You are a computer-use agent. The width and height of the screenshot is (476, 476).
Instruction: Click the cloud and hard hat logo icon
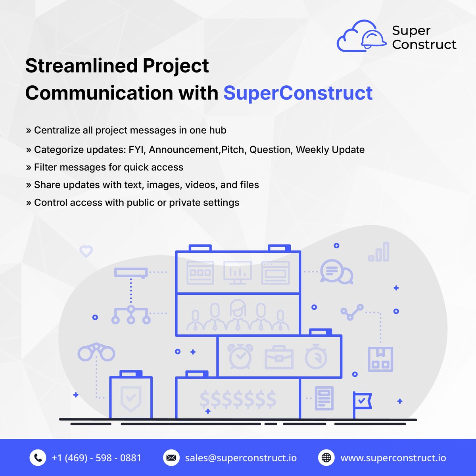361,36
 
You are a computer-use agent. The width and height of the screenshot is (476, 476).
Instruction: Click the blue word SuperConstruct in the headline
298,93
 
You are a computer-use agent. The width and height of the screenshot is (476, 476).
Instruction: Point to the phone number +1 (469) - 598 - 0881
96,458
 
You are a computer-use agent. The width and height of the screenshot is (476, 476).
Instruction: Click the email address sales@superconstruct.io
241,458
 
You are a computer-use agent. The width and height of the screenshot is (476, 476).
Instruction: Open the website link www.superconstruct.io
393,458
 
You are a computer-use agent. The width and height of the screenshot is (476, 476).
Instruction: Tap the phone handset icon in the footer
38,458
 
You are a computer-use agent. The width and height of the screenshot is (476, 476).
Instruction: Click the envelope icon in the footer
171,458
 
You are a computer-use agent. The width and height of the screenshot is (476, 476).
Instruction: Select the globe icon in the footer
326,458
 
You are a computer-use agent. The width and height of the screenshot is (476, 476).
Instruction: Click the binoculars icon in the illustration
96,352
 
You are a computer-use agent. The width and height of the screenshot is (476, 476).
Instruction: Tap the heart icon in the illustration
86,251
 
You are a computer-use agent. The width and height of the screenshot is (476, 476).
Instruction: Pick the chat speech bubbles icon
336,272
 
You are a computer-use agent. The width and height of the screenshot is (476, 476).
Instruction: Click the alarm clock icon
240,356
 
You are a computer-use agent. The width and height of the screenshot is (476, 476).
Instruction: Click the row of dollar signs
238,399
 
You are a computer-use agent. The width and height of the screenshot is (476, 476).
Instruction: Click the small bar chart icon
379,252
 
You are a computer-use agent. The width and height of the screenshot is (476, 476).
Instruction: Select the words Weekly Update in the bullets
330,150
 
